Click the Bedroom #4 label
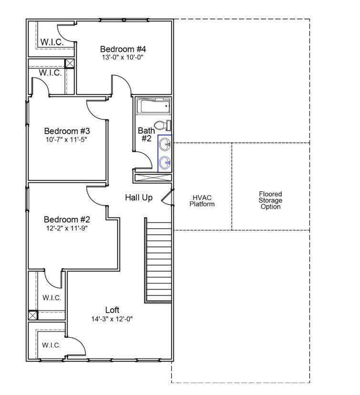click(123, 49)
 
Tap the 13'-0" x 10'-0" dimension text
click(123, 57)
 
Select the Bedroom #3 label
click(67, 131)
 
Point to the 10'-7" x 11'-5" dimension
click(66, 139)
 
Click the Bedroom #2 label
click(67, 219)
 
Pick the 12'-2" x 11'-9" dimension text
click(66, 228)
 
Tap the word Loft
click(112, 310)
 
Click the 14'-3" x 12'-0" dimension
click(112, 319)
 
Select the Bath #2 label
click(146, 134)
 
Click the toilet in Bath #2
click(163, 125)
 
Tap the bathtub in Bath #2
click(154, 106)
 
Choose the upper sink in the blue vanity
click(165, 144)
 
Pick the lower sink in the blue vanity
click(165, 163)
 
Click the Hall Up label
click(139, 197)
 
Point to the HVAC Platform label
click(202, 201)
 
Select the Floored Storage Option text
click(271, 200)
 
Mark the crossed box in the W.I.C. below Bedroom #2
click(33, 315)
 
